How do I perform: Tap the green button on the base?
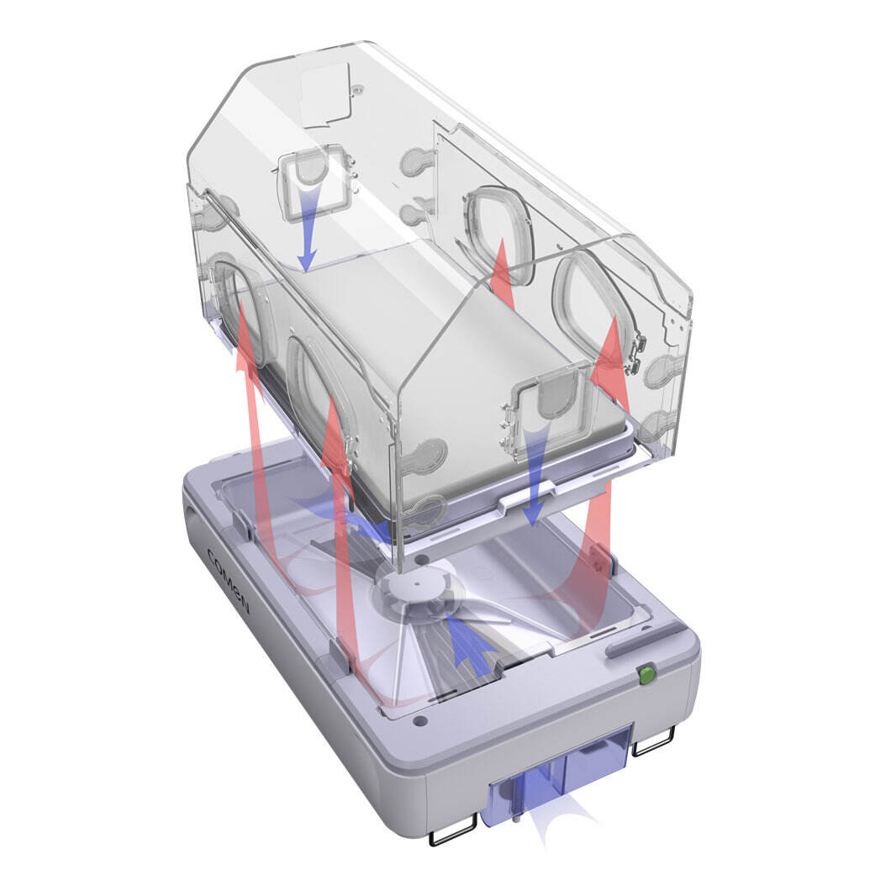click(x=646, y=674)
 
